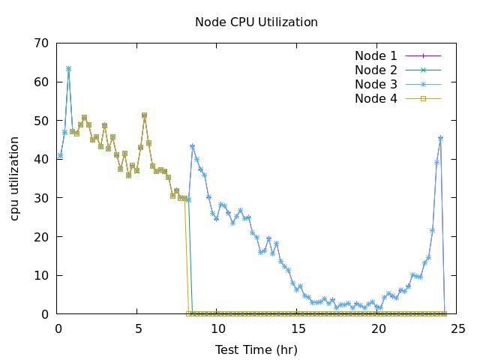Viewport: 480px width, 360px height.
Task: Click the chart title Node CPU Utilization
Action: click(x=256, y=22)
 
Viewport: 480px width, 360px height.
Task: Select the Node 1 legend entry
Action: click(x=376, y=55)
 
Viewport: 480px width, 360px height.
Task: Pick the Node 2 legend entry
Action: click(x=376, y=70)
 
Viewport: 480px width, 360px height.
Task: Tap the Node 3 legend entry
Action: click(x=376, y=84)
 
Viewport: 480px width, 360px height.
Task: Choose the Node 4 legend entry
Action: click(x=376, y=98)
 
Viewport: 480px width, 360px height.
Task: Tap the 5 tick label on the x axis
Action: click(x=139, y=328)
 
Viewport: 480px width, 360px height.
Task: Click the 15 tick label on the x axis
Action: click(x=298, y=328)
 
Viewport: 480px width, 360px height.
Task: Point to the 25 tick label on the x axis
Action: click(x=458, y=328)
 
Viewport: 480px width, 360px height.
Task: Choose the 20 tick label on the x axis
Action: click(x=379, y=328)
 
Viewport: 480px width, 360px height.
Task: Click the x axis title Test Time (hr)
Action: click(x=256, y=349)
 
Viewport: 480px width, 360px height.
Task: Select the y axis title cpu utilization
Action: click(x=15, y=178)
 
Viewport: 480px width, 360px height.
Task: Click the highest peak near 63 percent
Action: click(x=68, y=68)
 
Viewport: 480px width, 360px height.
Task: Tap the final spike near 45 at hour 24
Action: click(x=440, y=138)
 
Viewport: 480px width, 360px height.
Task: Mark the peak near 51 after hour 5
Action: click(x=144, y=115)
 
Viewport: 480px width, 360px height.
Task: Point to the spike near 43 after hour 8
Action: click(x=192, y=146)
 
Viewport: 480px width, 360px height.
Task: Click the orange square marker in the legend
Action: click(x=423, y=98)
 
